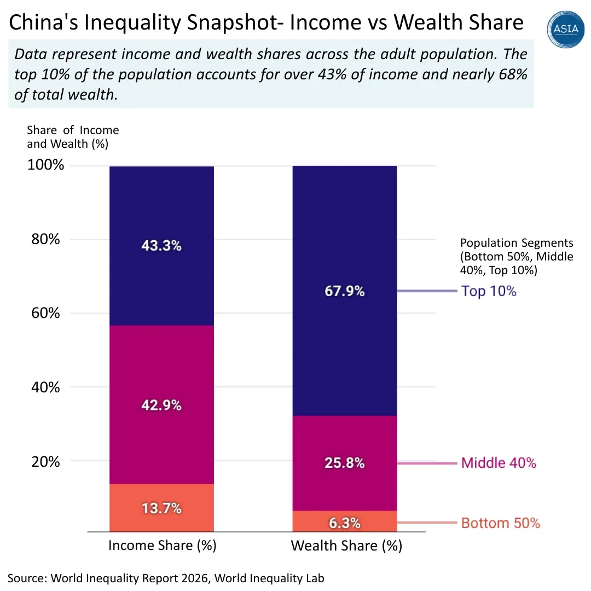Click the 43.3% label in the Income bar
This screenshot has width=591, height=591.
click(x=161, y=246)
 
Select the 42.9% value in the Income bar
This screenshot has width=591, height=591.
click(x=161, y=405)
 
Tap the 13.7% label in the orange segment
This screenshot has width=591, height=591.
click(x=161, y=508)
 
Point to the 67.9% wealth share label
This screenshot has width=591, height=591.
click(x=345, y=291)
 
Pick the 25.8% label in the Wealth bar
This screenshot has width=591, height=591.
click(x=345, y=463)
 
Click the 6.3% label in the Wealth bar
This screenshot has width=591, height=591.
click(x=345, y=523)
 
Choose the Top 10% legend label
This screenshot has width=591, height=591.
click(x=489, y=291)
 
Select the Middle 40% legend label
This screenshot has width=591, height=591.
click(x=499, y=463)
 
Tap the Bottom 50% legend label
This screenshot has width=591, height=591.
click(x=500, y=523)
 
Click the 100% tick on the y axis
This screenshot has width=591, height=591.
click(x=46, y=165)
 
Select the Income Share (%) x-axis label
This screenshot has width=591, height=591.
click(x=163, y=546)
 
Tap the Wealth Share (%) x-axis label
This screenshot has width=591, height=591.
click(x=346, y=546)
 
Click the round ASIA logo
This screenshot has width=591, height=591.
click(x=566, y=30)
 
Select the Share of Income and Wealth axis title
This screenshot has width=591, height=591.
click(x=73, y=137)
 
